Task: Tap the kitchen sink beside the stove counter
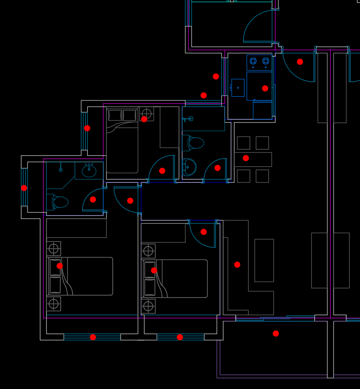[x=238, y=88]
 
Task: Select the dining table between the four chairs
[x=253, y=159]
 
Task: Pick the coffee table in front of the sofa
[x=264, y=260]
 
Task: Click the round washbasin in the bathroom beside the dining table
[x=189, y=167]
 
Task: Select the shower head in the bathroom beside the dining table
[x=190, y=119]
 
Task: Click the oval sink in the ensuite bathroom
[x=89, y=171]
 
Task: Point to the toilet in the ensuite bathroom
[x=60, y=202]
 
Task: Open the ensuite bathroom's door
[x=93, y=200]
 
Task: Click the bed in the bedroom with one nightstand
[x=122, y=141]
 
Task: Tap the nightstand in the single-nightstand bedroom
[x=146, y=114]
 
